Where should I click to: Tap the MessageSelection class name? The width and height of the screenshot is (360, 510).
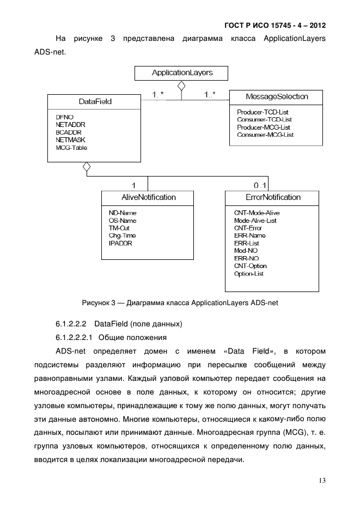[x=277, y=96]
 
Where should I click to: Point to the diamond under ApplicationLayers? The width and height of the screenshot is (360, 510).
[x=181, y=86]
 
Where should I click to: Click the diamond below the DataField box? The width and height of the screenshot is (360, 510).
[x=86, y=167]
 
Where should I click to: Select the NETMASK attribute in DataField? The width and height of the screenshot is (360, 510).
[x=67, y=140]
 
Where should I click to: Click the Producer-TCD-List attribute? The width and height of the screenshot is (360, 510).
[x=263, y=112]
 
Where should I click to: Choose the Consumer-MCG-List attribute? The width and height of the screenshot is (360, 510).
[x=265, y=135]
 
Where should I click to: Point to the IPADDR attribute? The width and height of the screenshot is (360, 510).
[x=120, y=243]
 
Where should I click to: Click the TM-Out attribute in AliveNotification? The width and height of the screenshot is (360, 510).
[x=119, y=228]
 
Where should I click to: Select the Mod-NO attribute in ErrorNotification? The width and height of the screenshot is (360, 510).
[x=246, y=251]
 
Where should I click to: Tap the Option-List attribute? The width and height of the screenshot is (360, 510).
[x=248, y=274]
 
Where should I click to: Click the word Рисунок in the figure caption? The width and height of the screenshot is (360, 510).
[x=95, y=303]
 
